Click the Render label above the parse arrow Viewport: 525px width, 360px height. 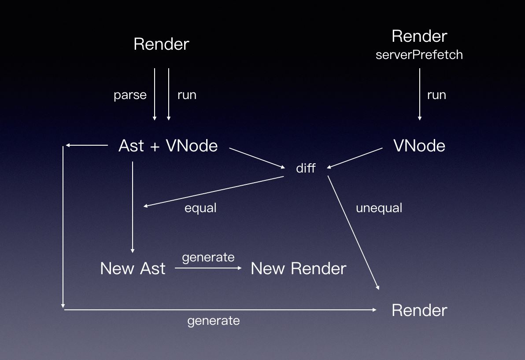161,44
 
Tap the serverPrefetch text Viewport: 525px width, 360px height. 419,55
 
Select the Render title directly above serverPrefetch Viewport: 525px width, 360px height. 419,36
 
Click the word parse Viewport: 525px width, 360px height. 130,95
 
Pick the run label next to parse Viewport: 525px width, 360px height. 187,95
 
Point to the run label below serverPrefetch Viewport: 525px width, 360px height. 436,95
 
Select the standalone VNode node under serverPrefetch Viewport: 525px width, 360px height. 419,146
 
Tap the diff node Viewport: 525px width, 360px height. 306,168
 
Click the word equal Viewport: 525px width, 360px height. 200,208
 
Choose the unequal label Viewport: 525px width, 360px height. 379,208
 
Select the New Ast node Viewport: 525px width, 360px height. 133,268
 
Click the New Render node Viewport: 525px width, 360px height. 298,268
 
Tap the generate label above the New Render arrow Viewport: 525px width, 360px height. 208,257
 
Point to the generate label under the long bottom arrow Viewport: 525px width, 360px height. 214,320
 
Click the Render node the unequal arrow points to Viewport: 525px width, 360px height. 419,310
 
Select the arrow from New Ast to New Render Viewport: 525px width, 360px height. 208,268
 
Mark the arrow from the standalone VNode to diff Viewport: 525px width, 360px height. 355,158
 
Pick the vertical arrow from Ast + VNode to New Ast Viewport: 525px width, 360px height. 133,207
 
